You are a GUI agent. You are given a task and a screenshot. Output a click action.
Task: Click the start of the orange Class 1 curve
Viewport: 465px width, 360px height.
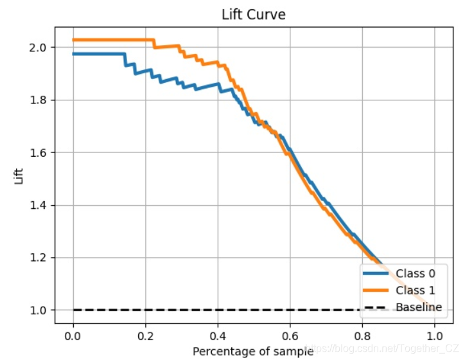click(x=74, y=40)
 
